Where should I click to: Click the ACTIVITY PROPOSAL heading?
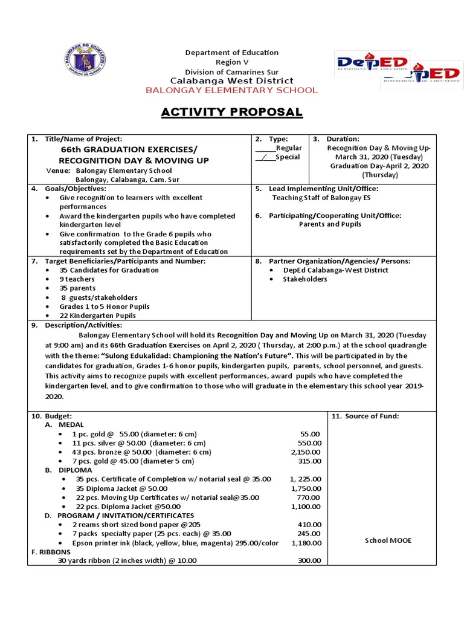click(231, 112)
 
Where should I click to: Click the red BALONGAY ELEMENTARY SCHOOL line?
click(231, 90)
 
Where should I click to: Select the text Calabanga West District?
click(231, 80)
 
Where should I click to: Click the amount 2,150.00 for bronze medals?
click(306, 452)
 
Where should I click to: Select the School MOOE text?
click(388, 540)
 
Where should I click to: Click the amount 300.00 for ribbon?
click(310, 560)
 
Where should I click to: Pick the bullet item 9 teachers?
click(77, 279)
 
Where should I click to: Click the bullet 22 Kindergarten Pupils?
click(97, 316)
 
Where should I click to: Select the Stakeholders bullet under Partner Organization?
click(304, 279)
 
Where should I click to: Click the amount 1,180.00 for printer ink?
click(306, 543)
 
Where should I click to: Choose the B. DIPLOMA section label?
click(68, 470)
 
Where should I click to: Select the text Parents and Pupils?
click(330, 224)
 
